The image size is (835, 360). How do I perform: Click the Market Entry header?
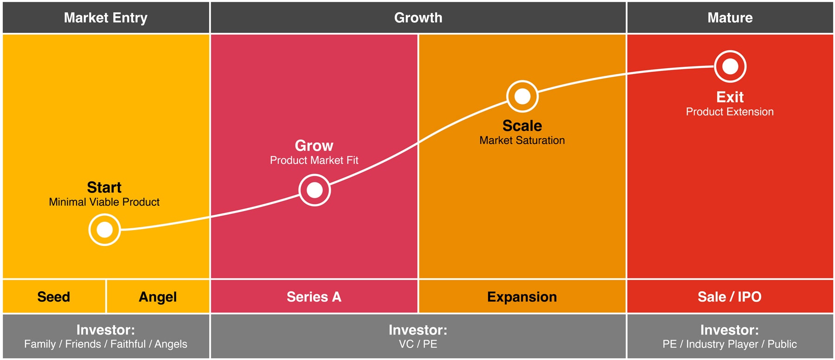click(x=106, y=18)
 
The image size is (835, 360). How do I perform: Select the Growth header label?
click(x=418, y=18)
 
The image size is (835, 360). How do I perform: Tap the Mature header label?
click(x=730, y=18)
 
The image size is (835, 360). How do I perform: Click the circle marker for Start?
click(x=104, y=230)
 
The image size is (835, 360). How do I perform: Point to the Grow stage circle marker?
click(x=315, y=190)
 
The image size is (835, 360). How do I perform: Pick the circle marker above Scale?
click(x=522, y=96)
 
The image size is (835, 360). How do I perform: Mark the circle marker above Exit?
click(x=730, y=66)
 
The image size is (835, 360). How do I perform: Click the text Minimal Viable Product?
click(x=104, y=202)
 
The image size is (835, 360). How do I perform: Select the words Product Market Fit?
click(x=314, y=160)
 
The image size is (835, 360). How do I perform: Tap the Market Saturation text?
click(x=522, y=140)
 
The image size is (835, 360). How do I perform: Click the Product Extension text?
click(x=730, y=112)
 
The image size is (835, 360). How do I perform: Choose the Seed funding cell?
click(x=54, y=296)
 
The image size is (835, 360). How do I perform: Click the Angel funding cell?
click(x=158, y=296)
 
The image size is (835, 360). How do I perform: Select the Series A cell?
click(x=314, y=296)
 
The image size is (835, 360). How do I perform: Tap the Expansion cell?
click(x=522, y=296)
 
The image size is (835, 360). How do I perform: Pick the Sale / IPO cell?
click(x=730, y=296)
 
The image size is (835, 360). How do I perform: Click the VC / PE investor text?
click(x=418, y=344)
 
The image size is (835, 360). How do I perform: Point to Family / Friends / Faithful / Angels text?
click(x=106, y=344)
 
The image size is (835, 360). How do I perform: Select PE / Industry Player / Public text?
click(x=730, y=344)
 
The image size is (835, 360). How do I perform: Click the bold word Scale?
click(x=522, y=126)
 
